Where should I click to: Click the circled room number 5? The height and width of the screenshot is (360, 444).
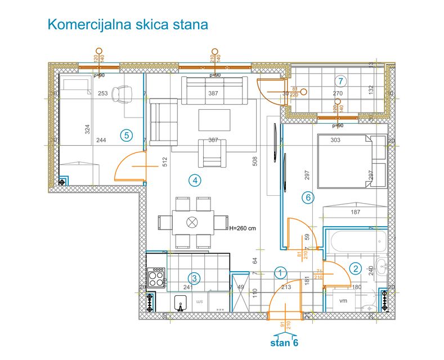(127, 135)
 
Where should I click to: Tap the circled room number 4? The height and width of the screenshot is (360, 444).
(194, 181)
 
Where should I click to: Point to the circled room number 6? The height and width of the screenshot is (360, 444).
(307, 197)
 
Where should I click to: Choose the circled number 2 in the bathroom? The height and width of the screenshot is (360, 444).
(355, 269)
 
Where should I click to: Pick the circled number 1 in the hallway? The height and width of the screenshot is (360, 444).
(280, 272)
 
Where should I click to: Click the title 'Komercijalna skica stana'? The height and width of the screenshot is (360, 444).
(128, 25)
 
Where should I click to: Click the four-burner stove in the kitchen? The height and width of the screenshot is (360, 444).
(156, 278)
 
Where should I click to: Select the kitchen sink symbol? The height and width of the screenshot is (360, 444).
(180, 303)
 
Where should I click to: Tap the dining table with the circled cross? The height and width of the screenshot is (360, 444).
(192, 222)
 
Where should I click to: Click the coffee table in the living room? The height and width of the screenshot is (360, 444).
(214, 120)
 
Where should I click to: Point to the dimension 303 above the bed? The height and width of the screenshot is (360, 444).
(335, 140)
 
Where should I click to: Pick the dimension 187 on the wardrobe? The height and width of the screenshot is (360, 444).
(355, 212)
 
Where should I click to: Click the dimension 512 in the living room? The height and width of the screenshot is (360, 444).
(165, 163)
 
